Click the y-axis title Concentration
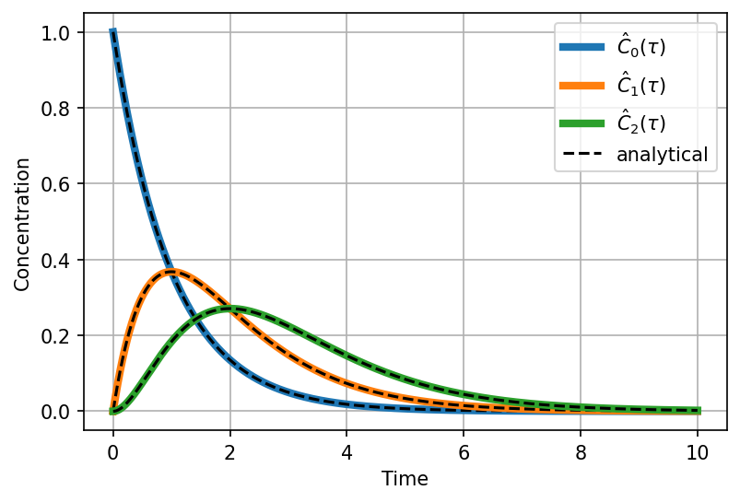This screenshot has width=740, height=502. point(22,224)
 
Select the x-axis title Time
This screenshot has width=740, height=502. point(405,479)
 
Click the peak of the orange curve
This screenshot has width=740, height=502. point(171,272)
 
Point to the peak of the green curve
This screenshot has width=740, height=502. point(229,309)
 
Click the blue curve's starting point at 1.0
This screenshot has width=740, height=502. point(112,33)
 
